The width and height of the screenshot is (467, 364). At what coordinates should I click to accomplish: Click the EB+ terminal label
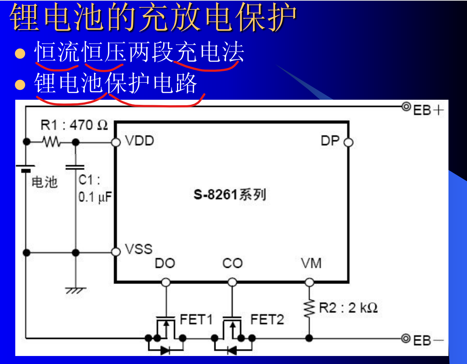(x=428, y=110)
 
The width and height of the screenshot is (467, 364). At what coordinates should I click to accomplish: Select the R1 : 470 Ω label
(x=74, y=125)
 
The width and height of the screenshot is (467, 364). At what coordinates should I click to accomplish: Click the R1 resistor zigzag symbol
(x=51, y=142)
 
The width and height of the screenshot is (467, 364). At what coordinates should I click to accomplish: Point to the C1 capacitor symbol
(x=75, y=167)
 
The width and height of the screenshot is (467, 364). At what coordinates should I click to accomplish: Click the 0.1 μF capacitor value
(x=95, y=197)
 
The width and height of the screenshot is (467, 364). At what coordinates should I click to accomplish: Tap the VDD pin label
(x=140, y=141)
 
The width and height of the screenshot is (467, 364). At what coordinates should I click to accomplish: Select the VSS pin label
(x=138, y=249)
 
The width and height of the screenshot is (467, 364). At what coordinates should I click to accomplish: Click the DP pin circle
(x=348, y=142)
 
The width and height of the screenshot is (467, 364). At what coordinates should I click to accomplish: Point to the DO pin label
(x=165, y=263)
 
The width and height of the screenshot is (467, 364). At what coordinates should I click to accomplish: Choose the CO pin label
(x=232, y=263)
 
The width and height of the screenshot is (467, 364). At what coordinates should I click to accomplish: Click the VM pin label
(x=311, y=263)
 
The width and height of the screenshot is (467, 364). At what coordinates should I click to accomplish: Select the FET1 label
(x=196, y=320)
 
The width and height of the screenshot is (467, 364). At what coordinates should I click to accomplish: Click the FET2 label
(x=267, y=320)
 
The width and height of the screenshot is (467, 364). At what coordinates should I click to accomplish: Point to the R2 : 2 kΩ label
(x=349, y=308)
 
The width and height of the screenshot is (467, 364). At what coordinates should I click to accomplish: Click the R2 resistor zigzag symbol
(x=309, y=308)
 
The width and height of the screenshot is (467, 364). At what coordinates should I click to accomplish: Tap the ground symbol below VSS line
(x=76, y=290)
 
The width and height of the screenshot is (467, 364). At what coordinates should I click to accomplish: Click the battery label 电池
(x=45, y=182)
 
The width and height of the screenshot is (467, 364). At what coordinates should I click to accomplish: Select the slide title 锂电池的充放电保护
(x=153, y=17)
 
